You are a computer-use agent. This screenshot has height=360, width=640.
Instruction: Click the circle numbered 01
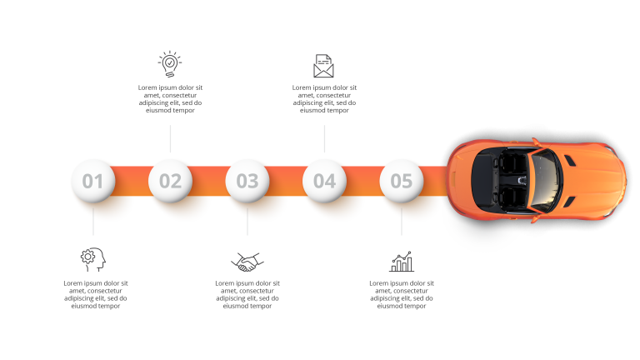93,181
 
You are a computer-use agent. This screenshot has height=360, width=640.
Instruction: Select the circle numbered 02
170,181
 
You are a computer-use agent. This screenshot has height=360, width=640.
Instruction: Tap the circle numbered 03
247,181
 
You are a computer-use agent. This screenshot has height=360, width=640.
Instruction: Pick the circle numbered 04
324,181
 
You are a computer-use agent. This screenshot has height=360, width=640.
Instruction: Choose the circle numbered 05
402,181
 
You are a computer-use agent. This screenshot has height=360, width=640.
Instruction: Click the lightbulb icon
170,64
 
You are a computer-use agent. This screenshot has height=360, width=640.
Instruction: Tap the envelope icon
323,66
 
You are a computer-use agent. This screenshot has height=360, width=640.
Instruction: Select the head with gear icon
93,260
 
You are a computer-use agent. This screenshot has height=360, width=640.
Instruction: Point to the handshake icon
247,262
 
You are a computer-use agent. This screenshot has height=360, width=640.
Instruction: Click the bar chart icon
402,262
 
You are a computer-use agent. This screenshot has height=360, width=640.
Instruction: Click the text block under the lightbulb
170,99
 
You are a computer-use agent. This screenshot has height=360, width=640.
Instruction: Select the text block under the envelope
324,99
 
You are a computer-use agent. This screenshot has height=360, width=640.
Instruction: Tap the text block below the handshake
247,294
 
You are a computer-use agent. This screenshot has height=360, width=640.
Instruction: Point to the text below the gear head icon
96,294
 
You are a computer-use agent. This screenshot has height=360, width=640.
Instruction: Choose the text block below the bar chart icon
402,294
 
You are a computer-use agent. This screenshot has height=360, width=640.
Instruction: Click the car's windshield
545,180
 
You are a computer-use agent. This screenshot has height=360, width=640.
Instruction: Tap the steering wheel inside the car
522,180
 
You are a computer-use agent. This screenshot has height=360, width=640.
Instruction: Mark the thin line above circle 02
170,139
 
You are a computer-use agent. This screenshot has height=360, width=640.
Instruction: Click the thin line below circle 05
402,222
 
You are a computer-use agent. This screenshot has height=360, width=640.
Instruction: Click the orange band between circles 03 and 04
286,181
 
